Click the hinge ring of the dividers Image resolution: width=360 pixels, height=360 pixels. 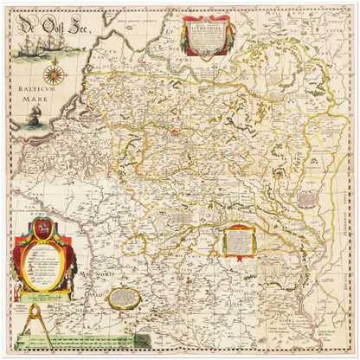pyautogui.click(x=36, y=302)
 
